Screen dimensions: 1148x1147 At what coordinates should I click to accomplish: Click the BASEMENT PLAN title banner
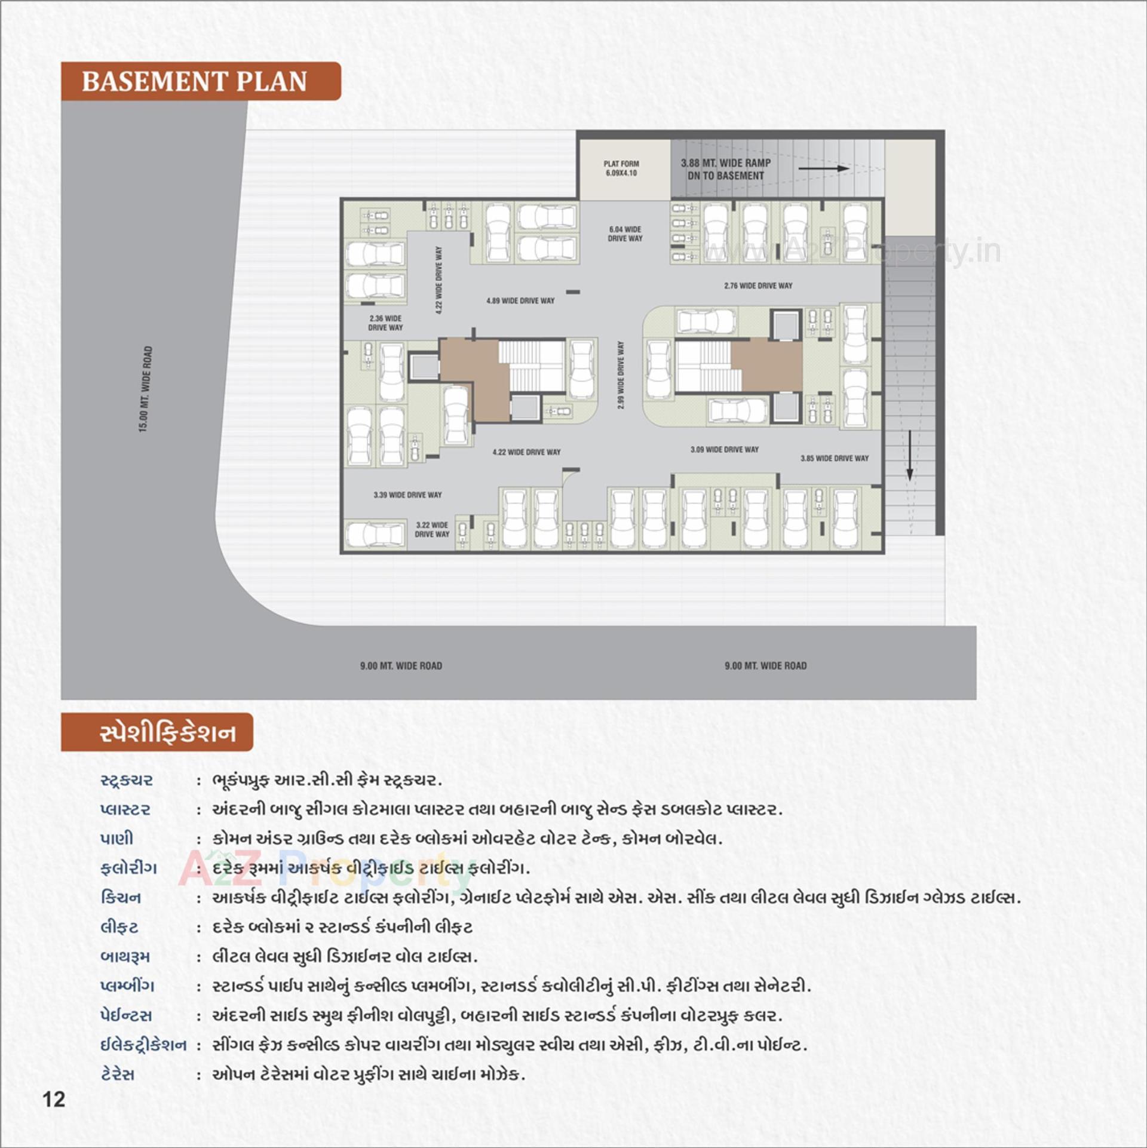(200, 81)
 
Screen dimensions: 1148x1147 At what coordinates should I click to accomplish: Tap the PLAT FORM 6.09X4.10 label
(621, 168)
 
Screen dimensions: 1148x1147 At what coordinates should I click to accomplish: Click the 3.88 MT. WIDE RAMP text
(725, 163)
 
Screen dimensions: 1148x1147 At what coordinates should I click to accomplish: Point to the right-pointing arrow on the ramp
(823, 168)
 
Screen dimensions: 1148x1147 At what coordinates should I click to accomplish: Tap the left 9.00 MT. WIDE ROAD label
(401, 665)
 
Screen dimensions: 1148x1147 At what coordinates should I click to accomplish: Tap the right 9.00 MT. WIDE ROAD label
(765, 665)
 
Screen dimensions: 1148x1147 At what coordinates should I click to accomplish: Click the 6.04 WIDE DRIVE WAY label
(625, 234)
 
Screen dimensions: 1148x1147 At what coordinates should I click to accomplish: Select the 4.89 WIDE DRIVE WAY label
(520, 300)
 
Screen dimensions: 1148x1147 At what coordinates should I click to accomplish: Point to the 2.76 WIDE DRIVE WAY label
(757, 286)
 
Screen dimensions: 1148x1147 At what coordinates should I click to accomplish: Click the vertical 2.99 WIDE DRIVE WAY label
(621, 375)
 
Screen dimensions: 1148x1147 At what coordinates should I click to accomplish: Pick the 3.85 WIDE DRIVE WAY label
(834, 458)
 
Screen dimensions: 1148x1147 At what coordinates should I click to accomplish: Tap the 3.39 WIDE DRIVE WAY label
(407, 495)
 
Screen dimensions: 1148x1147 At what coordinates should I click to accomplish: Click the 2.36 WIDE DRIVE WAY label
(385, 323)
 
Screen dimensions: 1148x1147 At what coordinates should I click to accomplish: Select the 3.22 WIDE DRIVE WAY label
(432, 529)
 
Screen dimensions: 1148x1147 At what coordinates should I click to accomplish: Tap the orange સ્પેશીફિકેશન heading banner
(157, 732)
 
